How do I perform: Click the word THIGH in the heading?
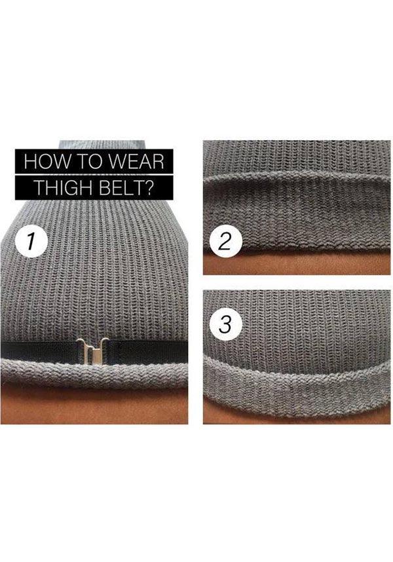click(64, 187)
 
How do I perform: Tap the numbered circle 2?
click(224, 242)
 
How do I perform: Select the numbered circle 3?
click(225, 324)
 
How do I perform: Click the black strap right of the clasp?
click(147, 350)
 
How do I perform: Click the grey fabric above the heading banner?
click(102, 145)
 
